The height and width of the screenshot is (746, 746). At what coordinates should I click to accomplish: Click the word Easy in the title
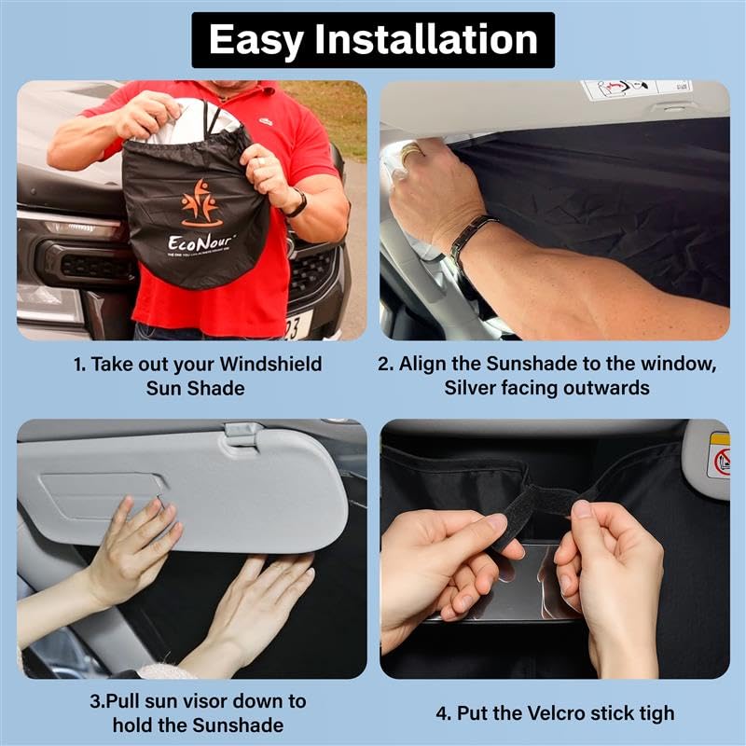[257, 40]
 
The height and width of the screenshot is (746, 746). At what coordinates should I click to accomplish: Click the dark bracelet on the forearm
[471, 239]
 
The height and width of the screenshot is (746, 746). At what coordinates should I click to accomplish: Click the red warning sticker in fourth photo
[718, 461]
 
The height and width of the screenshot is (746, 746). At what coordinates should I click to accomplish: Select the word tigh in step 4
[650, 714]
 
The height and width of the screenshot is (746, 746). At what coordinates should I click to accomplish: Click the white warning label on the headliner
[635, 90]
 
